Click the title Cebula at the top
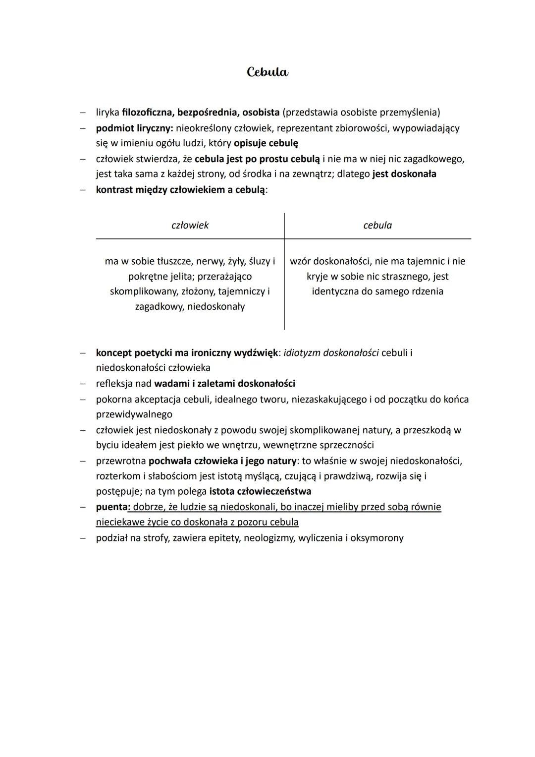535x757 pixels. pyautogui.click(x=267, y=72)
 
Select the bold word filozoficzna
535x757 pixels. pyautogui.click(x=146, y=113)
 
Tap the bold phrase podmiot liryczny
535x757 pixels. pyautogui.click(x=134, y=128)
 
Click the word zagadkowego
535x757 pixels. pyautogui.click(x=433, y=159)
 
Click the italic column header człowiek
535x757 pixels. pyautogui.click(x=190, y=226)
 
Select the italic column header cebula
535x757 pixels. pyautogui.click(x=377, y=226)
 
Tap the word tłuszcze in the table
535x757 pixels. pyautogui.click(x=175, y=261)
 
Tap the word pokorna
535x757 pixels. pyautogui.click(x=113, y=400)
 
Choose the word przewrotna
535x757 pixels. pyautogui.click(x=121, y=461)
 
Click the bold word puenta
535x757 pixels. pyautogui.click(x=112, y=507)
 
